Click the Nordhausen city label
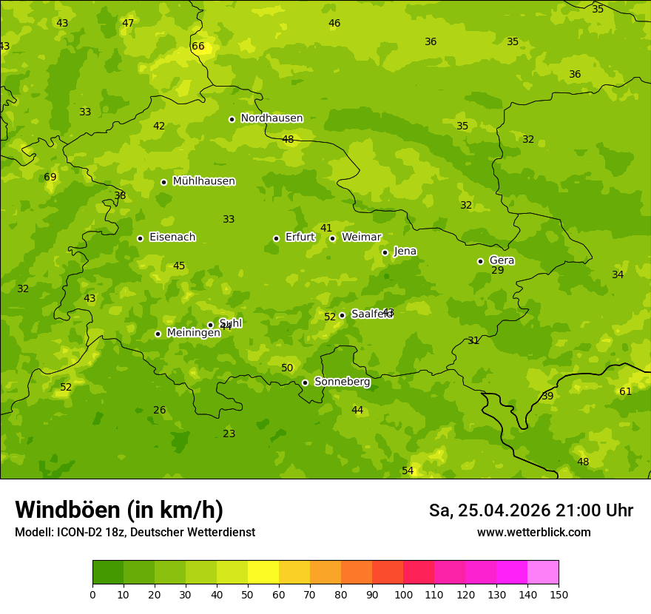click(x=271, y=118)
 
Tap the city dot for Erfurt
click(x=276, y=238)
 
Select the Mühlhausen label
click(x=203, y=181)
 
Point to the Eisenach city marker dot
click(x=140, y=238)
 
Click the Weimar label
click(x=361, y=237)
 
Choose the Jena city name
click(x=405, y=252)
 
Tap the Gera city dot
click(x=480, y=261)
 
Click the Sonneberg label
click(x=342, y=382)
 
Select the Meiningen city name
click(x=193, y=333)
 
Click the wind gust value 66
click(x=198, y=47)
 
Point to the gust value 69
click(x=50, y=178)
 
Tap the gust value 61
click(x=626, y=392)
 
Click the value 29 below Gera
click(x=498, y=271)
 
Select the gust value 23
click(x=229, y=434)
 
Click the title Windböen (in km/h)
click(x=119, y=510)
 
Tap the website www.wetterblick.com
click(x=533, y=533)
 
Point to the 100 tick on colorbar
click(x=403, y=594)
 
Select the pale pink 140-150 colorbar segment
click(x=543, y=573)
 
